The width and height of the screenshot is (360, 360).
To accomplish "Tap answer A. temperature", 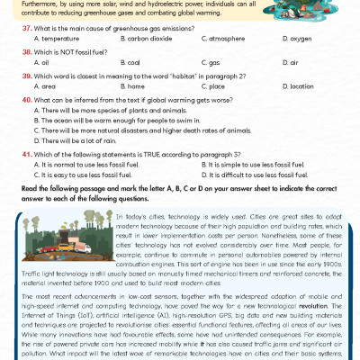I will [x=58, y=40].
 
